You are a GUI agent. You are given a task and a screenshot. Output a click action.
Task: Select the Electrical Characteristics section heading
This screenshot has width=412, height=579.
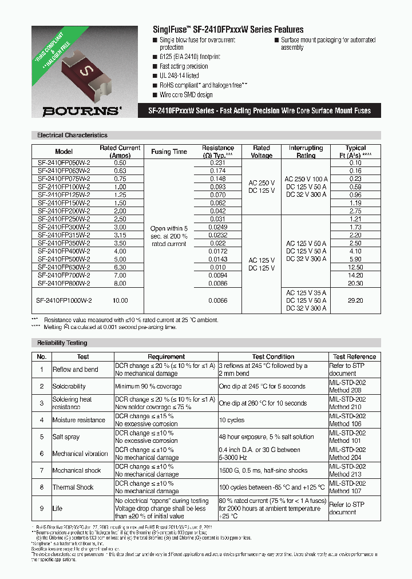(x=72, y=136)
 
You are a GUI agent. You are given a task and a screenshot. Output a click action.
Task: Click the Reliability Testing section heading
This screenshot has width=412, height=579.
(x=62, y=343)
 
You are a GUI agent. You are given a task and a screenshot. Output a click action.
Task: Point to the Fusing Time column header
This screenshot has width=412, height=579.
(x=169, y=152)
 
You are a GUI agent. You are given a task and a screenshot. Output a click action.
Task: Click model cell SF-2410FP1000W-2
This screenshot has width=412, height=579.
(x=64, y=300)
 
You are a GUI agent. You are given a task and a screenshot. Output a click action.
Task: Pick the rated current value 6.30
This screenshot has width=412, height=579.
(x=120, y=267)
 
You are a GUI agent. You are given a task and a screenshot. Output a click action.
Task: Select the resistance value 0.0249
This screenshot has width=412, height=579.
(x=217, y=227)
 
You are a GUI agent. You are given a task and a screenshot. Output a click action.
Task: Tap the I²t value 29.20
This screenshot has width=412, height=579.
(x=355, y=300)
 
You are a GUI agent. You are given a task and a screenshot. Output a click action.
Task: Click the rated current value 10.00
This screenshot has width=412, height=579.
(x=120, y=300)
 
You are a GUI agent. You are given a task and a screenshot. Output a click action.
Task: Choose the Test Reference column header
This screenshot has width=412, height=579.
(x=354, y=356)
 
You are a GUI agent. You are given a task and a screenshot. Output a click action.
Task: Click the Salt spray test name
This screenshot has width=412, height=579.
(x=66, y=437)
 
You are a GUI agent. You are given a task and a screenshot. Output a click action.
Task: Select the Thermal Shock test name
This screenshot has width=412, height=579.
(x=73, y=487)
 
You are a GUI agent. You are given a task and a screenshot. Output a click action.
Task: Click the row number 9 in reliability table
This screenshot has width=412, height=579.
(x=41, y=508)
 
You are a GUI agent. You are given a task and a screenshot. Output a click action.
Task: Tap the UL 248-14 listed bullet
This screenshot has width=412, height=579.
(x=179, y=76)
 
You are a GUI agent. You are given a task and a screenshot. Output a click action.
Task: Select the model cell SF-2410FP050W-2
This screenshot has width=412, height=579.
(x=64, y=163)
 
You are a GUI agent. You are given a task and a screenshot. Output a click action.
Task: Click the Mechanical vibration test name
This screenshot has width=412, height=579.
(x=80, y=454)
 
